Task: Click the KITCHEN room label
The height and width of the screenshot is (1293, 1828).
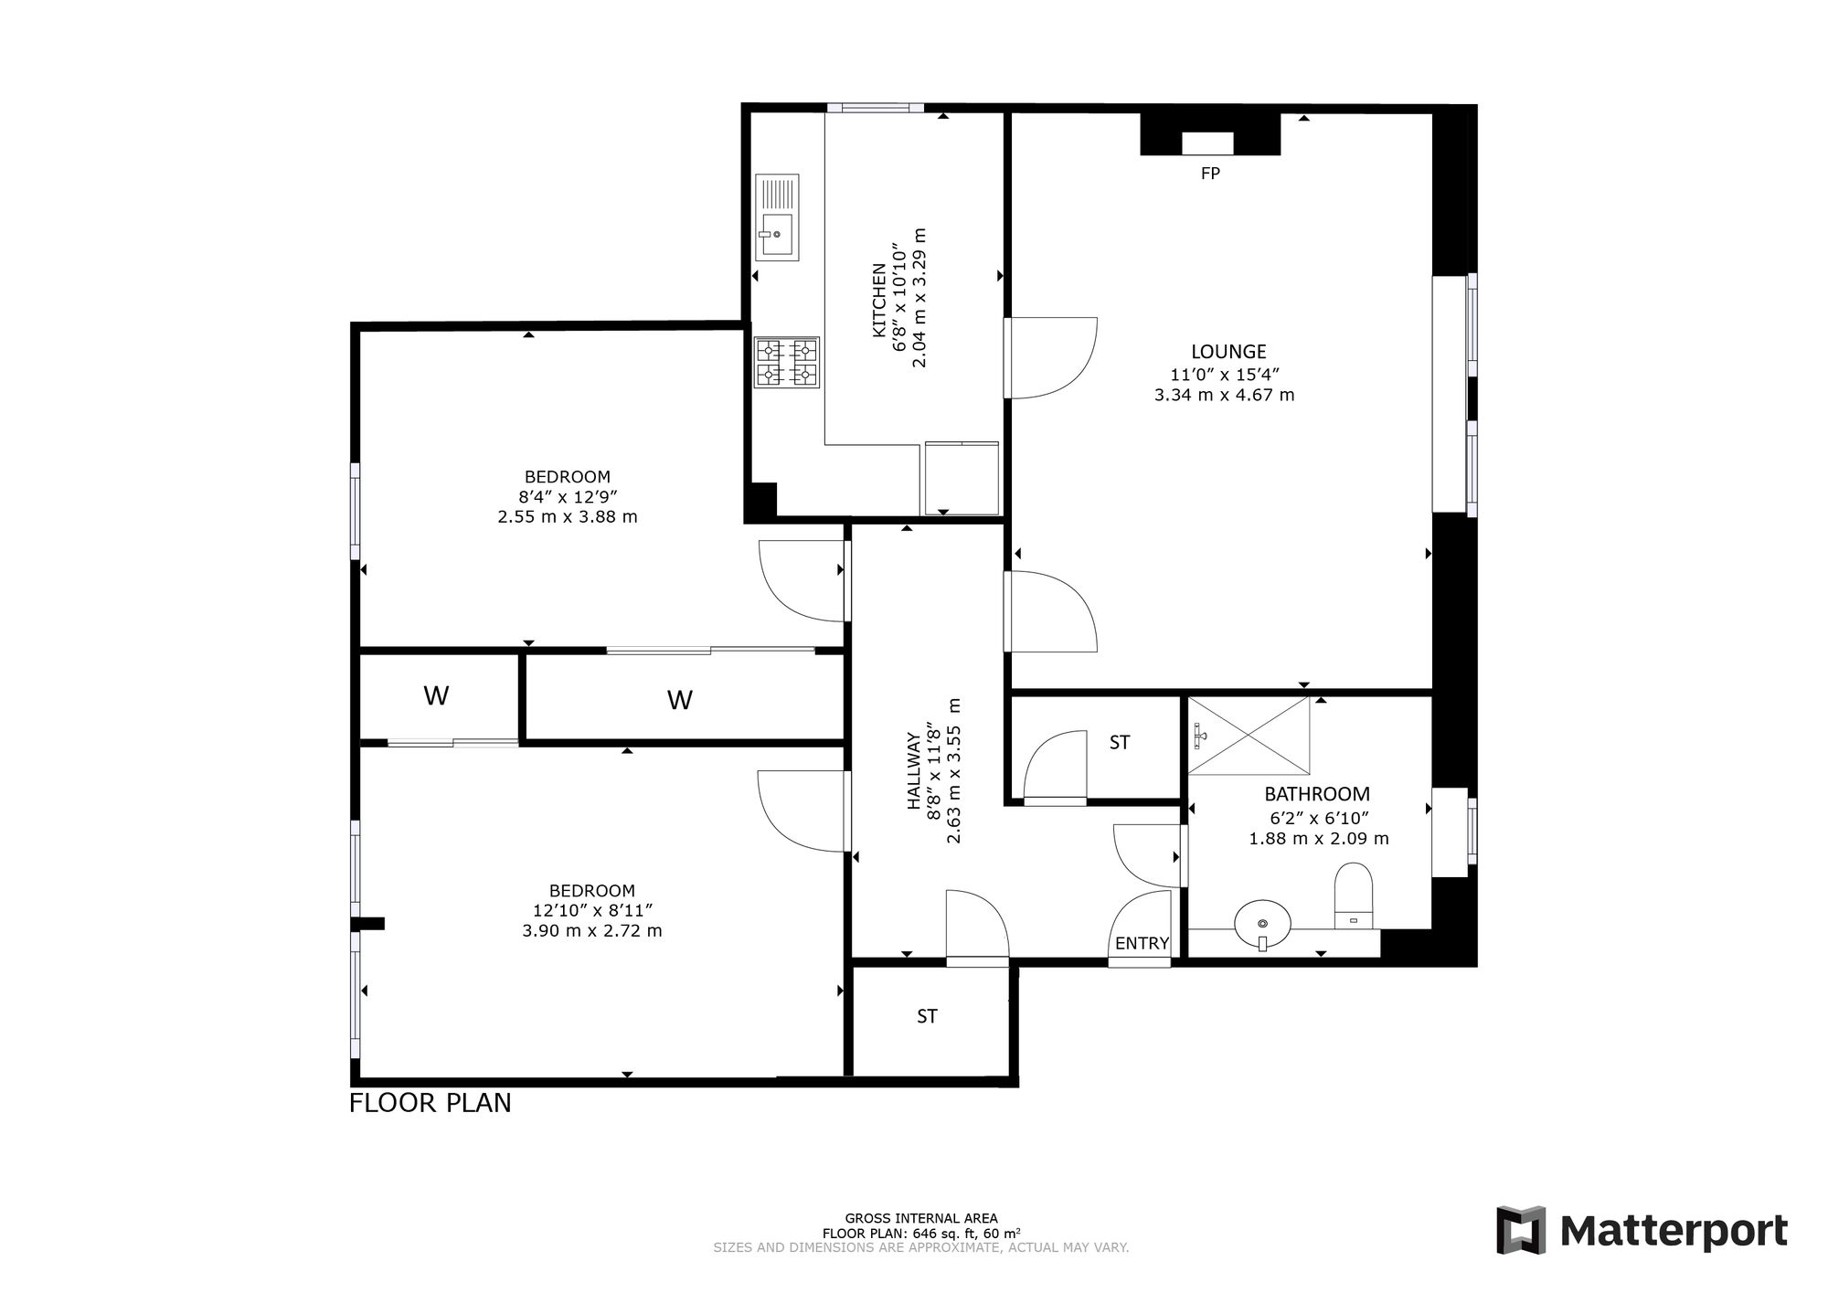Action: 877,301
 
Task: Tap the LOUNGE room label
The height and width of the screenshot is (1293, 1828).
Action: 1228,352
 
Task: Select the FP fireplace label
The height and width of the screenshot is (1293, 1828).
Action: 1210,173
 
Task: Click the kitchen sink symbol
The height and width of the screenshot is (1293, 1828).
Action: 777,217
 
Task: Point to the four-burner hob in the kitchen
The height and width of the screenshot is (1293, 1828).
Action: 786,362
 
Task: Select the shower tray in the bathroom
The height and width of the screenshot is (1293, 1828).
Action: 1249,735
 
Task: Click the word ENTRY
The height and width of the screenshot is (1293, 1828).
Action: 1142,944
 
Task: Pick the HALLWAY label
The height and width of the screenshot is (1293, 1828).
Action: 913,770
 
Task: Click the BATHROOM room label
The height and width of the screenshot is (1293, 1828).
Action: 1317,794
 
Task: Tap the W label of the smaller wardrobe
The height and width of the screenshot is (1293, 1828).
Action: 436,696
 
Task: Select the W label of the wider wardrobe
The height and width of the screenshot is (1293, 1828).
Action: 679,700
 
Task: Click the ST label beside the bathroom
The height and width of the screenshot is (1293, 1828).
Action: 1120,743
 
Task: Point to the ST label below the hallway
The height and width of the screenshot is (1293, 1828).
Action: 927,1016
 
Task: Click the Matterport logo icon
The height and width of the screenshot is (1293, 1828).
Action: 1521,1230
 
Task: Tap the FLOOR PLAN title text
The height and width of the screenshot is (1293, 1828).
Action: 430,1103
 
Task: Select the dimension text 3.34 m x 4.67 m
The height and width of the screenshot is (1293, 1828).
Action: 1225,396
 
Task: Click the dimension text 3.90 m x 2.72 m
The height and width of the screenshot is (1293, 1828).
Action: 592,931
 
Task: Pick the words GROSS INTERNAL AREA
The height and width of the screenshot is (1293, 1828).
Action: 921,1218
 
